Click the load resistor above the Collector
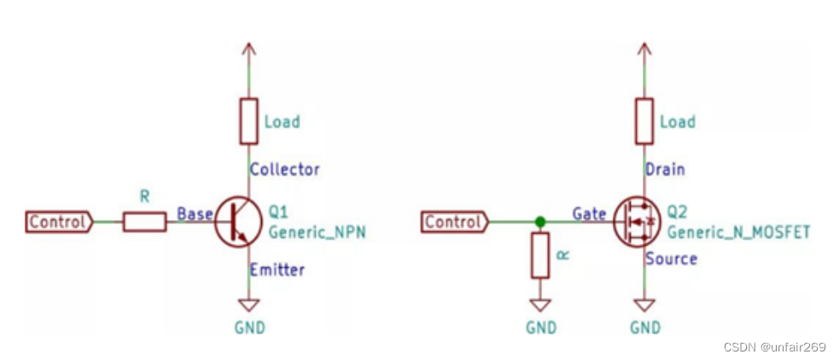[248, 120]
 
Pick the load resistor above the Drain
[644, 120]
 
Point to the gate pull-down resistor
[539, 256]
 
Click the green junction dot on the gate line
[539, 222]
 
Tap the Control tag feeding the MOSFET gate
[455, 222]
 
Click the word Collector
[284, 169]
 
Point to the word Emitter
[277, 270]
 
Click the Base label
[194, 213]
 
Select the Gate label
[589, 213]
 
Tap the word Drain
[665, 169]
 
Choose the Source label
[671, 258]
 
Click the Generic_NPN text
[317, 232]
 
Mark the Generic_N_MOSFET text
[737, 232]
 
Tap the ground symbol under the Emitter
[248, 305]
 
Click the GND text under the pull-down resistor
[540, 328]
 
